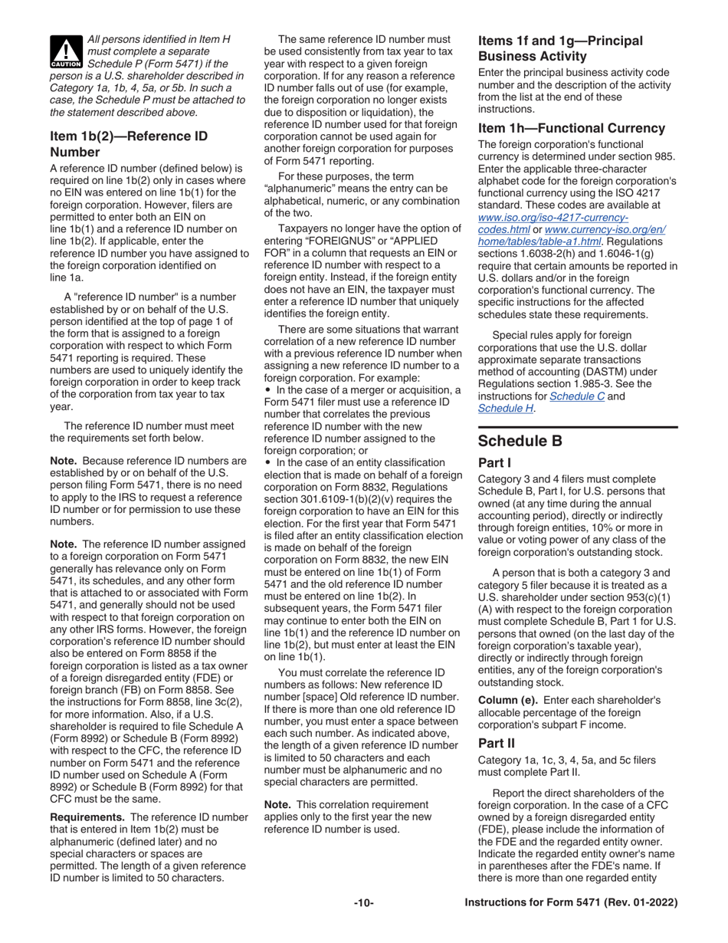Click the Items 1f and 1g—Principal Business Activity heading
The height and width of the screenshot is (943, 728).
(x=561, y=48)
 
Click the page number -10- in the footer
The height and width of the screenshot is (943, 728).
(x=363, y=925)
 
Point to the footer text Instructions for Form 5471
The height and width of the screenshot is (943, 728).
(x=571, y=925)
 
